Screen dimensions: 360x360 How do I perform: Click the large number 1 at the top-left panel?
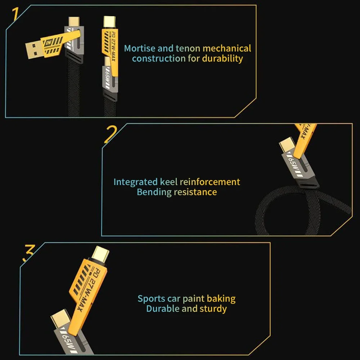15,15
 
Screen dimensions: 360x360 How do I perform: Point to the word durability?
222,58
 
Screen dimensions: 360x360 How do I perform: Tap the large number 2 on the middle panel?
110,134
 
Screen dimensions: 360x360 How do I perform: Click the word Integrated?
135,182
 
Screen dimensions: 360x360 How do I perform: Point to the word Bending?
154,192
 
